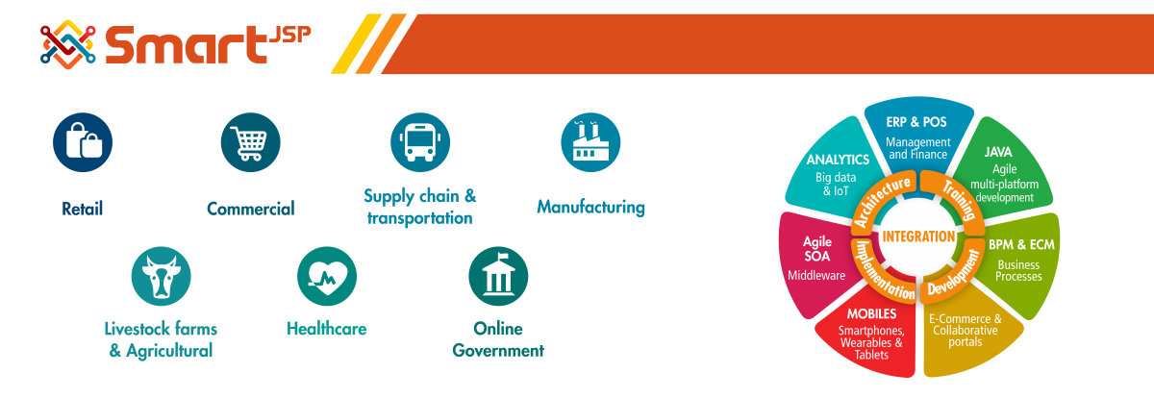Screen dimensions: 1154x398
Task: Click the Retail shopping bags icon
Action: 83,142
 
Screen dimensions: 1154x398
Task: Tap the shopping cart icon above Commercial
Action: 250,142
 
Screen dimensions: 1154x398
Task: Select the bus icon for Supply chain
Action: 420,142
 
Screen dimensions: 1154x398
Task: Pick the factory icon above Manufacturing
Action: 590,142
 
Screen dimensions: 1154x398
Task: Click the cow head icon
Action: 161,276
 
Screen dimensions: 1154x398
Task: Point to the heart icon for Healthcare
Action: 327,276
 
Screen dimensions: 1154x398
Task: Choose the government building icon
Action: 498,276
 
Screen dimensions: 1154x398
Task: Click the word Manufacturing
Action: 590,207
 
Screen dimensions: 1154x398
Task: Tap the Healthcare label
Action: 327,329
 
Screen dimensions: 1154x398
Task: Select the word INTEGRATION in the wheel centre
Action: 918,236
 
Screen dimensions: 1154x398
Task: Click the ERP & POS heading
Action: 916,122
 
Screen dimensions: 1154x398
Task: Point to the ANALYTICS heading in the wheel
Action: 838,160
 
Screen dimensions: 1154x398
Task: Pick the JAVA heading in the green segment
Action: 998,152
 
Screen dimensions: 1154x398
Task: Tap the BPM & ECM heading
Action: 1021,244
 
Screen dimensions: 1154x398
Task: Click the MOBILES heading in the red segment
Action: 871,313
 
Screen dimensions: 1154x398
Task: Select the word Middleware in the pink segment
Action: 816,276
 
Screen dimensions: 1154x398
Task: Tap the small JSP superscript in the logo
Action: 290,35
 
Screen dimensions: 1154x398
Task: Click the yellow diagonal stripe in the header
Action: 356,44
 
